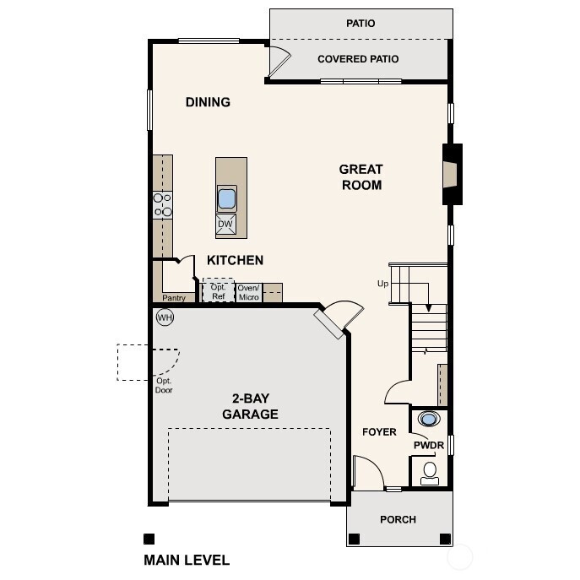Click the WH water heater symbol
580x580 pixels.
coord(165,317)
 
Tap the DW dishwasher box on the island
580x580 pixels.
coord(226,224)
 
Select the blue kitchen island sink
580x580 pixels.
coord(226,199)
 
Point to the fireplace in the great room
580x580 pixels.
coord(453,175)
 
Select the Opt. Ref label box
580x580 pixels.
coord(219,291)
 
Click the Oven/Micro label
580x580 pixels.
coord(248,292)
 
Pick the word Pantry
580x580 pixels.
coord(174,298)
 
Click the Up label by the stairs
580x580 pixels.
coord(382,284)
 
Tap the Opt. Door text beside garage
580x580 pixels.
coord(164,385)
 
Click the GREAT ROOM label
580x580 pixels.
coord(361,177)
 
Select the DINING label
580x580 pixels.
coord(208,102)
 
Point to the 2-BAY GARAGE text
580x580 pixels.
coord(250,406)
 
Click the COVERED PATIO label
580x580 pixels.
coord(358,59)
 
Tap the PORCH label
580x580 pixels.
coord(398,519)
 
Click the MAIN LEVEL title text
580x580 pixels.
coord(187,559)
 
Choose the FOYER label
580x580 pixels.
coord(379,432)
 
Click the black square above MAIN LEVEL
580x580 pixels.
coord(149,539)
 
